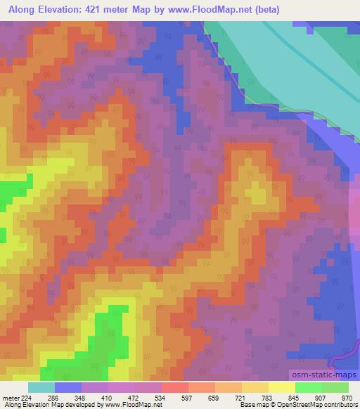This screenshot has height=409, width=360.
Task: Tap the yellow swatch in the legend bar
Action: click(x=281, y=387)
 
